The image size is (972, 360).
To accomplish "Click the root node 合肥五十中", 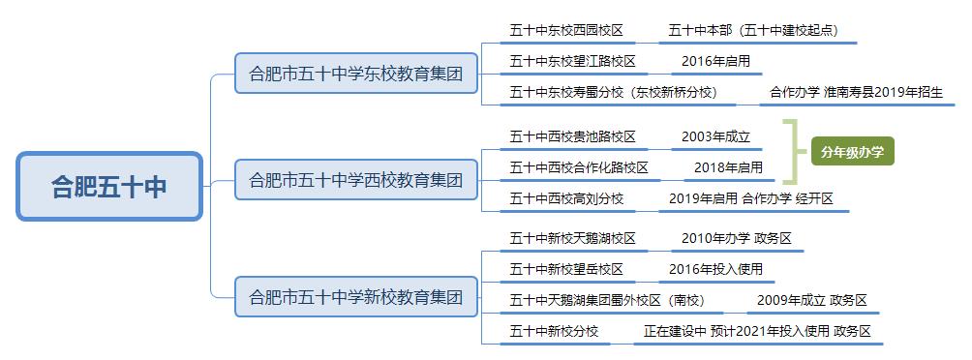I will (109, 187).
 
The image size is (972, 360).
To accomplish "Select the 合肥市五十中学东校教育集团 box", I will (356, 73).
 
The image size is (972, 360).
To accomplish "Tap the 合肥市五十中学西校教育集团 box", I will (356, 180).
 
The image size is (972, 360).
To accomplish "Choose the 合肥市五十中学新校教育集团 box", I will (356, 295).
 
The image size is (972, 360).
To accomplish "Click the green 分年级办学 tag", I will (852, 151).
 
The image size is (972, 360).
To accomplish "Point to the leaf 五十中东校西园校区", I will (566, 30).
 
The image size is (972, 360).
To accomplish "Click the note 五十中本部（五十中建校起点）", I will (752, 30).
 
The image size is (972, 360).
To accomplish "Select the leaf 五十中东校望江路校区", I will (573, 61).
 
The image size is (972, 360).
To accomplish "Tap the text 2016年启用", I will (715, 61).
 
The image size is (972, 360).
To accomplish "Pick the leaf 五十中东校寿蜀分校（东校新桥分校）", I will (612, 93).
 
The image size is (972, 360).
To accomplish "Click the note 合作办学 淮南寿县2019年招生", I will (856, 93).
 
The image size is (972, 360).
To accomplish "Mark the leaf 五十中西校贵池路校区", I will (573, 136).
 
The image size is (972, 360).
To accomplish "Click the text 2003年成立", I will (715, 136).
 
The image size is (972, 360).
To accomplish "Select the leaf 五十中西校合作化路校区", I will (579, 167).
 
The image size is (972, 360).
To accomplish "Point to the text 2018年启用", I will (729, 167).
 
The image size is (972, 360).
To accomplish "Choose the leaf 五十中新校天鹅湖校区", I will (573, 237).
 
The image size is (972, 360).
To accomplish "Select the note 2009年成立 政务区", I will (811, 300).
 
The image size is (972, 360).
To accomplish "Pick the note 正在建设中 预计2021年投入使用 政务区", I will (757, 331).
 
